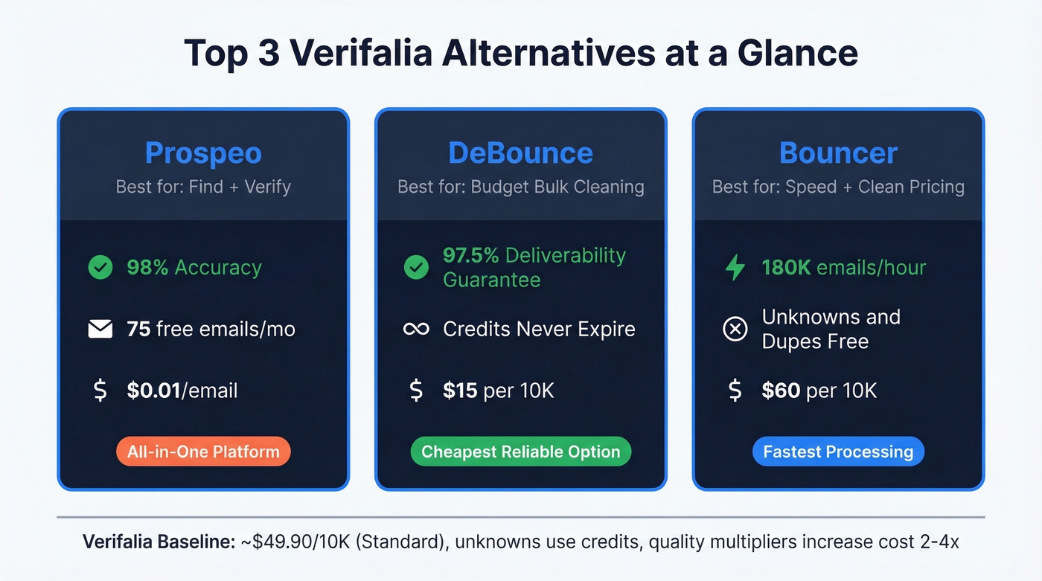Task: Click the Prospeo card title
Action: coord(203,153)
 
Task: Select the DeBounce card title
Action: coord(520,153)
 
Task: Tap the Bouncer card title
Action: coord(838,153)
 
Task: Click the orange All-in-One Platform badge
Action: coord(203,452)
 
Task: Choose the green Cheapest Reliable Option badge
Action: coord(520,452)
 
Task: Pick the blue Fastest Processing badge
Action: coord(838,452)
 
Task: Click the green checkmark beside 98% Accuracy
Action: coord(100,268)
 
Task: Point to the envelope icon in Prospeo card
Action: coord(100,329)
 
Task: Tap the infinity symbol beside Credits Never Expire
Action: coord(416,329)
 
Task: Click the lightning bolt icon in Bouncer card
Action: coord(735,268)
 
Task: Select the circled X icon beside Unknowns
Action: coord(735,329)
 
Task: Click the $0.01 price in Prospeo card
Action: coord(153,391)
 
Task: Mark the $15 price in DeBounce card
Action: coord(460,391)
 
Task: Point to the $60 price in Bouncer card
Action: coord(780,391)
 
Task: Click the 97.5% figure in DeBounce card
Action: coord(470,255)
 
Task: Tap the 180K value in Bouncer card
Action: coord(786,268)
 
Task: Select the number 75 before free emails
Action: coord(138,329)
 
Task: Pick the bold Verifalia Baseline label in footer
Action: coord(159,542)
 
